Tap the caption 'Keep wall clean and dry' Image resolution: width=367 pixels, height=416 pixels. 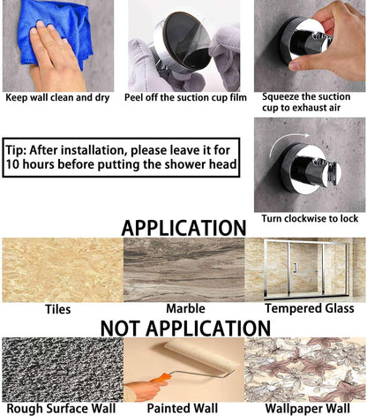[57, 97]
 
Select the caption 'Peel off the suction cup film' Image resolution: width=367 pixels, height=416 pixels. [185, 97]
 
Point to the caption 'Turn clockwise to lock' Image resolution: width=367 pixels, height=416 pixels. [310, 218]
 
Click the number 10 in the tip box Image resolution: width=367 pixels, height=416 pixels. [12, 164]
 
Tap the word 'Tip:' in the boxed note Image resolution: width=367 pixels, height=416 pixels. [16, 150]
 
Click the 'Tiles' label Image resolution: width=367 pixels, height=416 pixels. [58, 309]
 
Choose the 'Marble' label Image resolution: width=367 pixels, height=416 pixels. [185, 308]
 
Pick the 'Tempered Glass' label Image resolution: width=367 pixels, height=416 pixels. [310, 308]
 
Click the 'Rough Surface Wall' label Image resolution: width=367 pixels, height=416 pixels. [61, 408]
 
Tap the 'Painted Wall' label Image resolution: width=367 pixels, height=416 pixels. [183, 408]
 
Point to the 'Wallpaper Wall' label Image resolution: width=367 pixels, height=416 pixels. [308, 409]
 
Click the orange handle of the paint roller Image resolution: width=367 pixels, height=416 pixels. [161, 377]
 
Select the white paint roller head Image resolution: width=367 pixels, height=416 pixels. [199, 357]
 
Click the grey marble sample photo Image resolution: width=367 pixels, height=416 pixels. [183, 270]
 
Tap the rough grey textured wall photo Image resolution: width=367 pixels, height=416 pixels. [63, 369]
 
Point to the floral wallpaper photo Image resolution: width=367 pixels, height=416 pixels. [305, 369]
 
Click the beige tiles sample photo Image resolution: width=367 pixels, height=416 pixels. [63, 270]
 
